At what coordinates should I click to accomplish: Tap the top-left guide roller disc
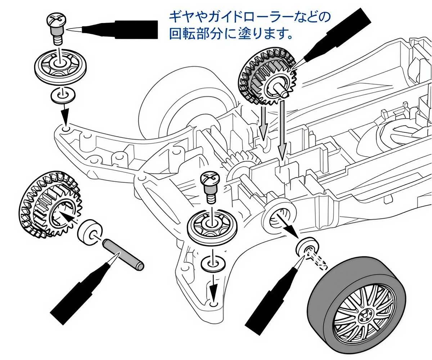(60, 66)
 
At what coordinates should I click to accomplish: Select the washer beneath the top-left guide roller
(63, 95)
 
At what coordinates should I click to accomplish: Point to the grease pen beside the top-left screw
(113, 30)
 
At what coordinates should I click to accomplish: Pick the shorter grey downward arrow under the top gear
(263, 122)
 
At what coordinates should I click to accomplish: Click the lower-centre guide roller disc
(212, 225)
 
